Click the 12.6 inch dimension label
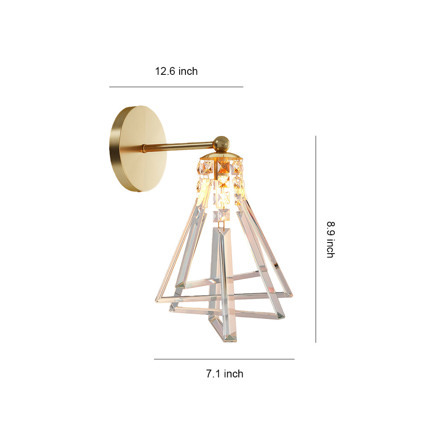coord(176,71)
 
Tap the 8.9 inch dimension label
coord(330,239)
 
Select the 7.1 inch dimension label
coord(224,374)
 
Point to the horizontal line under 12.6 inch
coord(176,87)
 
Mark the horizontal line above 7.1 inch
coord(224,359)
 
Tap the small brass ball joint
coord(221,143)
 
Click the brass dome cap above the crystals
coord(221,156)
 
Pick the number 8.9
coord(330,228)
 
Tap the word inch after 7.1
coord(234,374)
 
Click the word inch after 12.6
coord(188,71)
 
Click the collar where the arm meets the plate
coord(144,148)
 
